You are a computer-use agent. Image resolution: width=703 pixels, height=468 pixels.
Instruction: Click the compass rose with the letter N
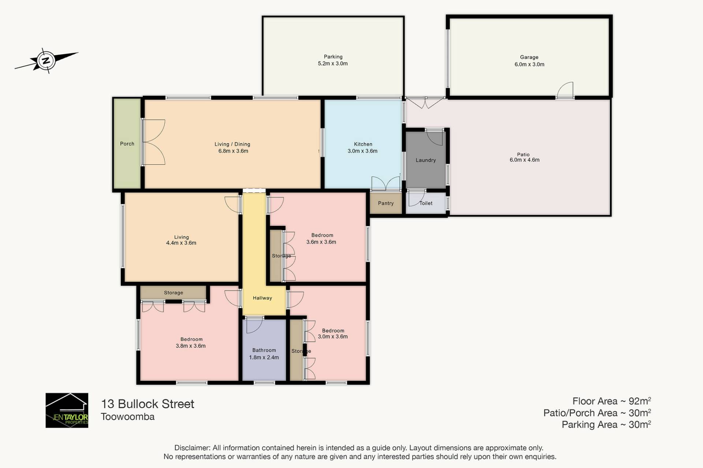pos(47,60)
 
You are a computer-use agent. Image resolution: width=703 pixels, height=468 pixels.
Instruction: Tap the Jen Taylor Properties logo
pos(67,410)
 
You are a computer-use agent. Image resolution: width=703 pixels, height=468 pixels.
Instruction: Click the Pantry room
pos(386,203)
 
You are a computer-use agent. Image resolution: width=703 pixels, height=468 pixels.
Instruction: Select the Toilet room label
pos(426,203)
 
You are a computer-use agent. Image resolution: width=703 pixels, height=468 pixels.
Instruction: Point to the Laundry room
pos(426,160)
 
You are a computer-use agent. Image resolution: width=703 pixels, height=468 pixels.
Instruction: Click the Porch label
pos(127,144)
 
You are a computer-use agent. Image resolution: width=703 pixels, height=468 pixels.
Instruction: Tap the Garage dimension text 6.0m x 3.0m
pos(529,64)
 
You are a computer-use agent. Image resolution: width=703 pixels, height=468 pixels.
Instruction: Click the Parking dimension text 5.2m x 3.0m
pos(333,64)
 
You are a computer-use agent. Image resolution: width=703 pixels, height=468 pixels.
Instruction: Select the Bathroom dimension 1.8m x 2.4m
pos(264,357)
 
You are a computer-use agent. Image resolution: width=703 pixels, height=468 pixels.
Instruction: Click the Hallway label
pos(263,298)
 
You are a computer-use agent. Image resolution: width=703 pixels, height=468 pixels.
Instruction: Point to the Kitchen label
pos(363,144)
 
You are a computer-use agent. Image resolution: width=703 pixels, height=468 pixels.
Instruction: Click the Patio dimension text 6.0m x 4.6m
pos(524,160)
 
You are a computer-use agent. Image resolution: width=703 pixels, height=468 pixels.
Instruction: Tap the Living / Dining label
pos(233,144)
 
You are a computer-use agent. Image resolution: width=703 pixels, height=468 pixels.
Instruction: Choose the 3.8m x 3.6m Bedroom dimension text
pos(191,346)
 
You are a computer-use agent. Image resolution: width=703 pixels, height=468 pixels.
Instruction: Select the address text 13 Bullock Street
pos(148,404)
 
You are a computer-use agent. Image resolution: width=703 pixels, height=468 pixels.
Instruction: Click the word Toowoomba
pos(128,417)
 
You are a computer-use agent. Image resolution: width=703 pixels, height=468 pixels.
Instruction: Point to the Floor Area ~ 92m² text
pos(611,401)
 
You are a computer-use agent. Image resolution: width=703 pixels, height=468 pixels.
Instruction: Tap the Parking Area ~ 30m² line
pos(606,424)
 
